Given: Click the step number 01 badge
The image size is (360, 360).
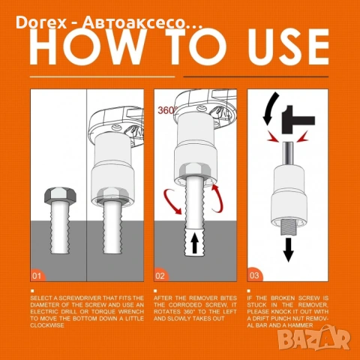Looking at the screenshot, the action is tap(37, 275).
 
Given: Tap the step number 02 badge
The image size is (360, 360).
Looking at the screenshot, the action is tap(160, 275).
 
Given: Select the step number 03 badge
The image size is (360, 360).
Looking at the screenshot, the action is tap(254, 275).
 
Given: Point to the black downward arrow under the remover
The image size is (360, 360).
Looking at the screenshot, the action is tap(289, 250).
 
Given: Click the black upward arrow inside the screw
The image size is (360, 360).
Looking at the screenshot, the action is tap(195, 244).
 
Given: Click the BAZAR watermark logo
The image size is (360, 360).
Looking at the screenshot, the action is tap(314, 338).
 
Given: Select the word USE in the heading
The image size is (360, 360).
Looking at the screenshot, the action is tap(288, 46).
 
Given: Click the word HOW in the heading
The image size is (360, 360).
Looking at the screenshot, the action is tap(86, 46).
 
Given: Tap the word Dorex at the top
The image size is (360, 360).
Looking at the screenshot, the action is tap(41, 22).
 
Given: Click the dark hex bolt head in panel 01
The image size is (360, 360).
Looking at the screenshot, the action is tap(60, 195).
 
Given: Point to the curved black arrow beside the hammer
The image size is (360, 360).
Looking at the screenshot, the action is tap(270, 108).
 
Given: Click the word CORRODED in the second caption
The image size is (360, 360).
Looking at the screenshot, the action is tap(185, 305).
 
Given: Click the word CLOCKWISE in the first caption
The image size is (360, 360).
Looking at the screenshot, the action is tap(47, 325).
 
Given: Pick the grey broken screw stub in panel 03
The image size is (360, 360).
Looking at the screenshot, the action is tap(288, 226).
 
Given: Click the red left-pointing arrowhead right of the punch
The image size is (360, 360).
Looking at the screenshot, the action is tap(303, 136).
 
